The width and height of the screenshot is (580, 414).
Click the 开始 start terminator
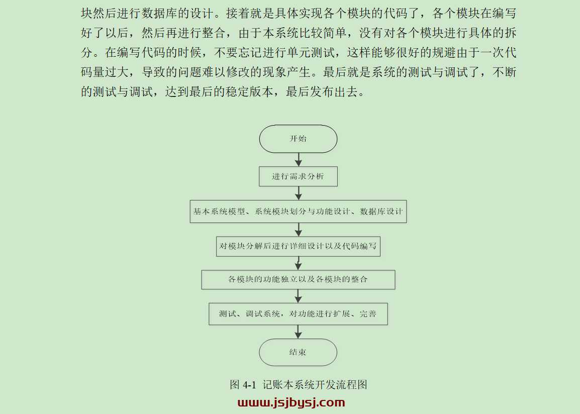point(298,139)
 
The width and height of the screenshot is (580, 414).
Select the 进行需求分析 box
point(298,176)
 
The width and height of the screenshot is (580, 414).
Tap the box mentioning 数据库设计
point(298,212)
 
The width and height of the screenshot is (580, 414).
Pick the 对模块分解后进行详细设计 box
point(298,246)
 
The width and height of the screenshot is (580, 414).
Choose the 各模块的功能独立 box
point(298,279)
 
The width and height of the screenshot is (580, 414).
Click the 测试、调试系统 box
point(298,314)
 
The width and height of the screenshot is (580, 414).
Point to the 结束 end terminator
point(298,352)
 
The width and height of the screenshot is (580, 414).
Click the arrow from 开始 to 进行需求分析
point(299,160)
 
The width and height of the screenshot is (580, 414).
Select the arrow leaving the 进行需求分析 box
point(299,193)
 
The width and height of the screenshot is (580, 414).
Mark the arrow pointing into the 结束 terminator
point(298,332)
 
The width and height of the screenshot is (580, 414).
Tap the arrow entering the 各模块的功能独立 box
point(298,263)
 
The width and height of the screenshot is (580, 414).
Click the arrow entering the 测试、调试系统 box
point(298,296)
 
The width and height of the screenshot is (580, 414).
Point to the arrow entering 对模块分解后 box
point(299,230)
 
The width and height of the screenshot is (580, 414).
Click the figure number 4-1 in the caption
point(250,385)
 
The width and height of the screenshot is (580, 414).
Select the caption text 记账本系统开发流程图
point(315,385)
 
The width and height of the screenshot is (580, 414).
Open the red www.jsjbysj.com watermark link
point(292,402)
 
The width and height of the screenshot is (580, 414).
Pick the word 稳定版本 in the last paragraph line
point(250,91)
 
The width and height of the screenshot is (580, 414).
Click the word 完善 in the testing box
point(368,314)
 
